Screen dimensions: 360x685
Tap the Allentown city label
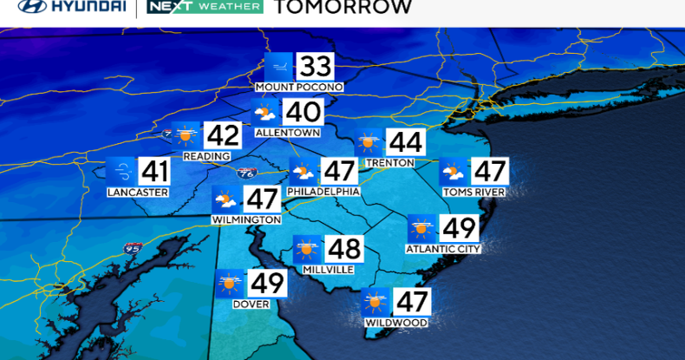[288, 133]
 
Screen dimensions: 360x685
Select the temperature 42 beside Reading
[221, 136]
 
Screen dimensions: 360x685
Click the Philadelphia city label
[323, 192]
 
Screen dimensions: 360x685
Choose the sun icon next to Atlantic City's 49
[422, 229]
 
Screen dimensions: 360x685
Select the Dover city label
[250, 304]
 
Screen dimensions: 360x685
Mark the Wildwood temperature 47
[413, 303]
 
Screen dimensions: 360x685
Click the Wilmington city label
[246, 220]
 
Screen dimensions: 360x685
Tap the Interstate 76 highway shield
[246, 174]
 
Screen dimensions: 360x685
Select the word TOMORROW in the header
[342, 8]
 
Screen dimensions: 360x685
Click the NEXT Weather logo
[205, 7]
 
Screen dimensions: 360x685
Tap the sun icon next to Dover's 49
[230, 284]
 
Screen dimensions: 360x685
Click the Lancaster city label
[138, 192]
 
